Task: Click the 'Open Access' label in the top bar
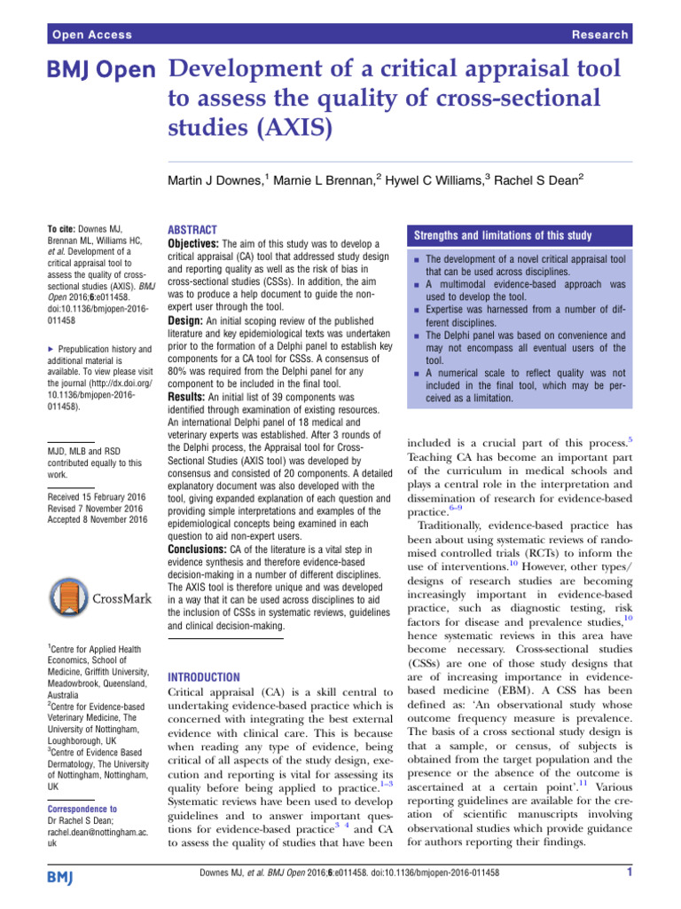[91, 35]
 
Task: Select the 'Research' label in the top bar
[599, 35]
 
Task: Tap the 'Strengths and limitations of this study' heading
[500, 234]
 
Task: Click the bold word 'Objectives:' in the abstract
[192, 242]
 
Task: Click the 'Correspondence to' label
[82, 808]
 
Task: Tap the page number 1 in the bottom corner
[627, 897]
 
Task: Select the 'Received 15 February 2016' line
[96, 496]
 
